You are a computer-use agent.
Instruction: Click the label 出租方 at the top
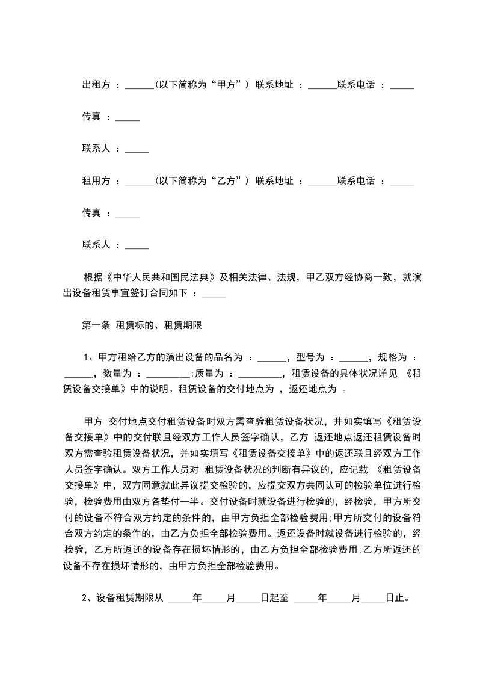coord(96,85)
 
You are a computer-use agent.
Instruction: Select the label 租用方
coord(96,180)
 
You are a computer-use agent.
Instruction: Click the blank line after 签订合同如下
coord(214,295)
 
